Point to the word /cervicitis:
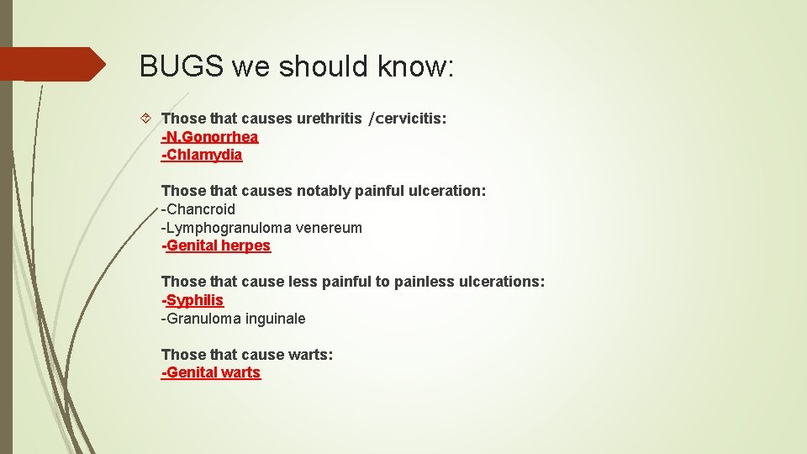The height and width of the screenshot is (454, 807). click(x=407, y=119)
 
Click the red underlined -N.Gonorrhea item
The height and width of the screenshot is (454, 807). click(x=209, y=137)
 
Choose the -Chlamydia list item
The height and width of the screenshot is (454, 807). click(x=202, y=155)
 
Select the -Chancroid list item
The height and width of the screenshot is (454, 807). click(x=198, y=209)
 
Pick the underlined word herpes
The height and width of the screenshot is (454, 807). click(x=245, y=245)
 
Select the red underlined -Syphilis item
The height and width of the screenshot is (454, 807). click(x=193, y=300)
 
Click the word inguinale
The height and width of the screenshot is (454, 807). click(x=276, y=319)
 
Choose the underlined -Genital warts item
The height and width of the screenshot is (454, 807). click(x=211, y=372)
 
